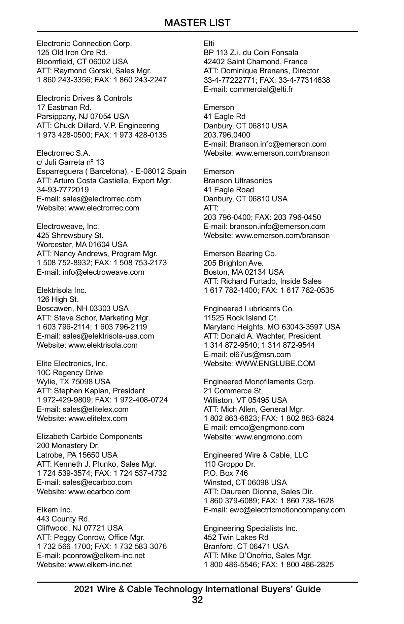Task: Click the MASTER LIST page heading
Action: pyautogui.click(x=197, y=23)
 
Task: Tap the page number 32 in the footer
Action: pyautogui.click(x=197, y=600)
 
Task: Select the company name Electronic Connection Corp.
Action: pyautogui.click(x=84, y=43)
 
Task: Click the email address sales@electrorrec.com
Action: pyautogui.click(x=102, y=199)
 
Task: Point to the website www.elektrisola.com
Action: pyautogui.click(x=103, y=345)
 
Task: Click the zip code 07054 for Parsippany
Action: pyautogui.click(x=101, y=116)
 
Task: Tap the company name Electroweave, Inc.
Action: pyautogui.click(x=68, y=226)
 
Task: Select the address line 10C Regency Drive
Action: pyautogui.click(x=70, y=373)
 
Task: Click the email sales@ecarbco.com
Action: pyautogui.click(x=97, y=482)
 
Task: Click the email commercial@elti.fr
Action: pyautogui.click(x=261, y=89)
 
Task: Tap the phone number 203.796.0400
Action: pyautogui.click(x=227, y=135)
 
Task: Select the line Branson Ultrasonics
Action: pyautogui.click(x=238, y=181)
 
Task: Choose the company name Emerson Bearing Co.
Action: pyautogui.click(x=240, y=253)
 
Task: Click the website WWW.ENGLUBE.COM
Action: pyautogui.click(x=275, y=363)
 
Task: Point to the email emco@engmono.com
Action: pyautogui.click(x=267, y=427)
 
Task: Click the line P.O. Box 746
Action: pyautogui.click(x=226, y=473)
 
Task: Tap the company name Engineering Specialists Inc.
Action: pyautogui.click(x=250, y=528)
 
